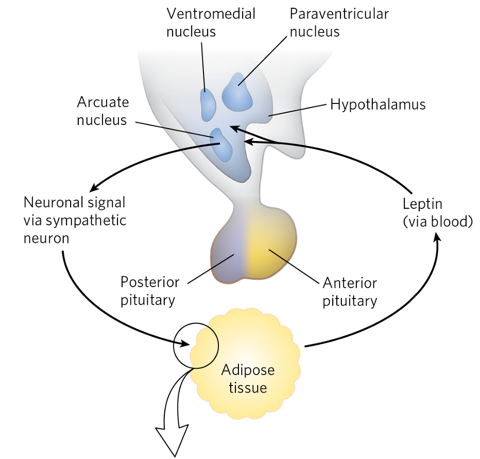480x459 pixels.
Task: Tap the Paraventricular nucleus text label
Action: click(x=339, y=23)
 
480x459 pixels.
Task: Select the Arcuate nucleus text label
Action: click(x=102, y=111)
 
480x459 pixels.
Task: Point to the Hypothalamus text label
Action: click(x=378, y=104)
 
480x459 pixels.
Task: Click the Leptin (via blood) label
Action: click(x=437, y=212)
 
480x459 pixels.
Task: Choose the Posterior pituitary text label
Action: click(x=150, y=291)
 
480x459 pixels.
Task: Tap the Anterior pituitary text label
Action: click(x=350, y=292)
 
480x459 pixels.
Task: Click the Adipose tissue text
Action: click(x=248, y=378)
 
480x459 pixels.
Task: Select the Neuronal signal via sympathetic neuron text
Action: click(x=75, y=220)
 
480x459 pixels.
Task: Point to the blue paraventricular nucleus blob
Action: click(x=237, y=93)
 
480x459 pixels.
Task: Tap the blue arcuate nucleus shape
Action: click(x=222, y=145)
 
